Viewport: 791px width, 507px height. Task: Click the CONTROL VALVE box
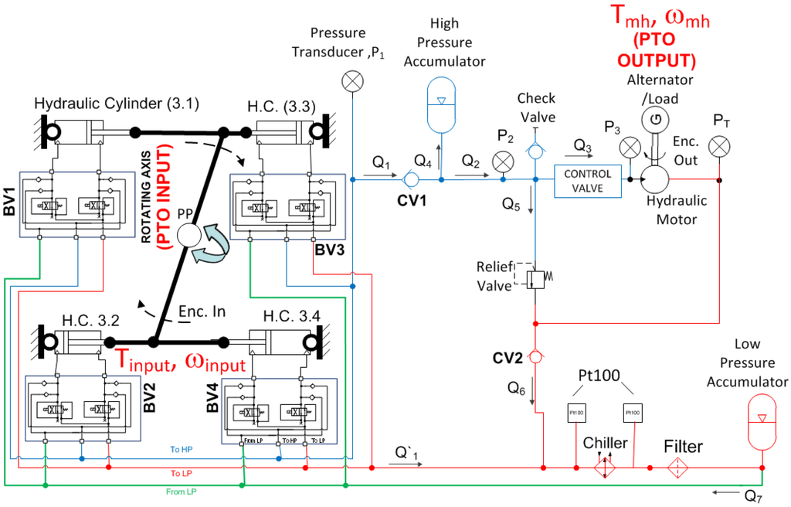(588, 180)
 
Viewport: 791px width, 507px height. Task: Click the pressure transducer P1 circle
(352, 80)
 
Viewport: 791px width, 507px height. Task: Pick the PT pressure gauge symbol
(719, 145)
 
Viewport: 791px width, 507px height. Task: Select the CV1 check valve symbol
(411, 180)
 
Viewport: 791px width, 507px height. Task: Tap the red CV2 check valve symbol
(535, 357)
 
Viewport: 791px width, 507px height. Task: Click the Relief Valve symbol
(535, 277)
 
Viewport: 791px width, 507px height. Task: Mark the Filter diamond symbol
(678, 468)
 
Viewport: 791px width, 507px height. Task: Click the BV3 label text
(330, 250)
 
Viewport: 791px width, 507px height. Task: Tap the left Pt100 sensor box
(576, 412)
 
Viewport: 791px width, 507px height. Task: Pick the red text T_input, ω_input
(180, 361)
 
